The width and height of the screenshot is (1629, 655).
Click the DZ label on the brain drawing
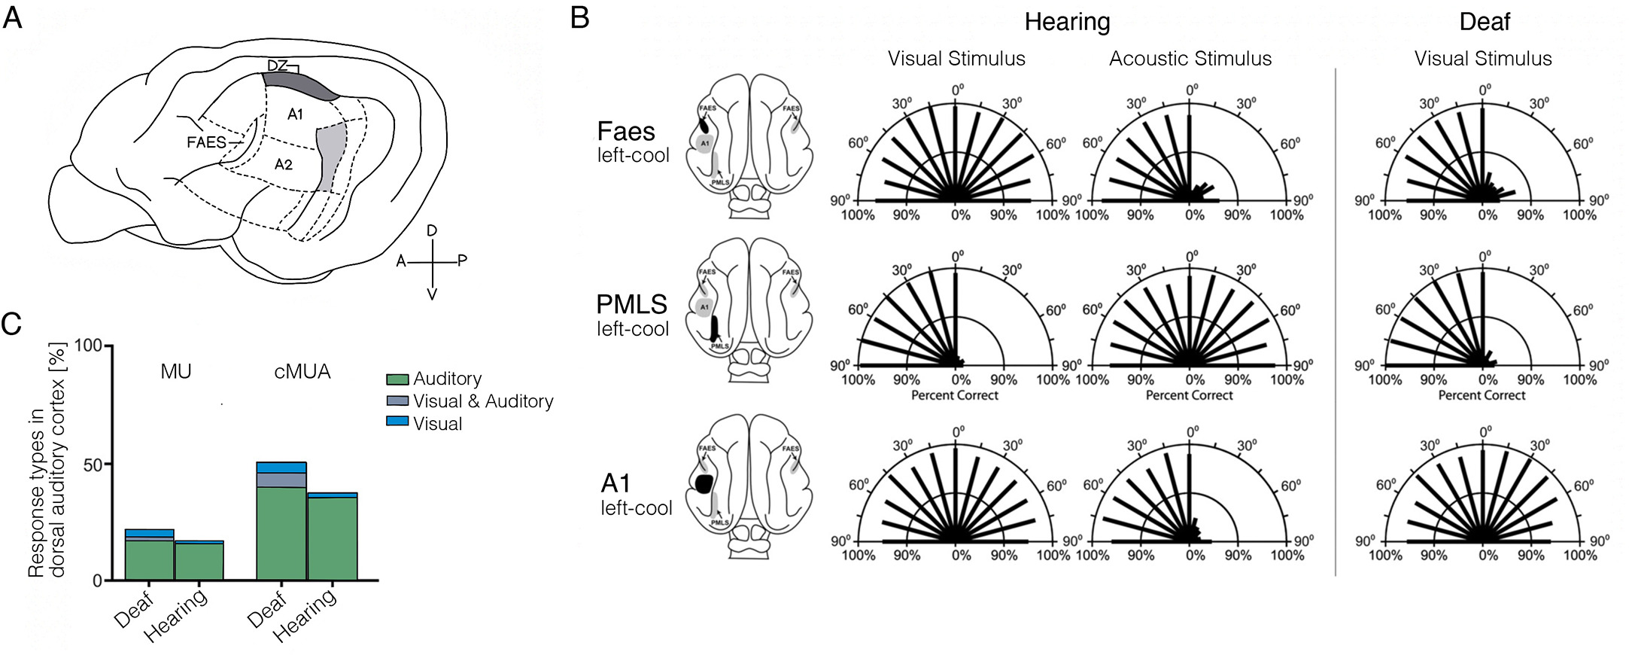(277, 65)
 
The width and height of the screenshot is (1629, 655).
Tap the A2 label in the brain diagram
(283, 164)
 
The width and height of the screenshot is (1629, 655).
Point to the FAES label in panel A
(206, 142)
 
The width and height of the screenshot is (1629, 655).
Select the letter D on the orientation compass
(432, 230)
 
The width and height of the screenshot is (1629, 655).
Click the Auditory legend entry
(447, 379)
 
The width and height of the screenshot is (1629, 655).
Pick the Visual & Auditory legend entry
(482, 401)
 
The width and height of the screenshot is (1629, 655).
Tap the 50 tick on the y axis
(92, 465)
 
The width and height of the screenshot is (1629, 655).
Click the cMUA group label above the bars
(302, 371)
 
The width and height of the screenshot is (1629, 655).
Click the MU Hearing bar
(199, 560)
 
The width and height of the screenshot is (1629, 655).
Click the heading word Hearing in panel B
(1066, 22)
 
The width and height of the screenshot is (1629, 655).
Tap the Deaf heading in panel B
(1484, 22)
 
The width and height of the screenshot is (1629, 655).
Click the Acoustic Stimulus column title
(1190, 59)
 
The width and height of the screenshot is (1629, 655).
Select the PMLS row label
(631, 304)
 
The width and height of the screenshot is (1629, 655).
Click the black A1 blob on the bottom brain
(704, 483)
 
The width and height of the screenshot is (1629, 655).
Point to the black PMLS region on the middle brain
(715, 325)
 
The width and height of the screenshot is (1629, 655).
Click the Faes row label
(625, 132)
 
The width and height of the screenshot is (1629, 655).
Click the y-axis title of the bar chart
(47, 461)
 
